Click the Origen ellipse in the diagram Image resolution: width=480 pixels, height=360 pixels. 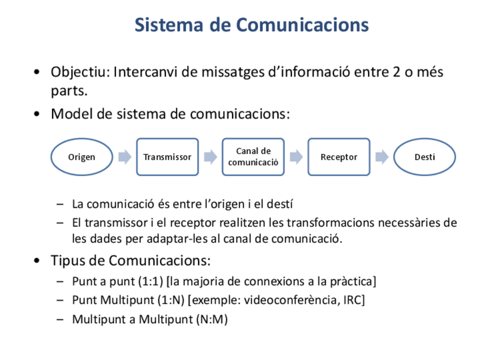tap(82, 157)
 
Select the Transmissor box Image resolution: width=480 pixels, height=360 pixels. tap(167, 157)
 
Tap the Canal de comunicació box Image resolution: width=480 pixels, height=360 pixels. tap(253, 157)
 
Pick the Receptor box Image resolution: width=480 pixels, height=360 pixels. tap(338, 157)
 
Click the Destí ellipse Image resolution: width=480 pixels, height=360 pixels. tap(425, 157)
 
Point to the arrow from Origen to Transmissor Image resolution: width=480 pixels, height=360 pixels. tap(125, 157)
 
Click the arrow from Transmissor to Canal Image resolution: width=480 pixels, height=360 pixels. tap(211, 157)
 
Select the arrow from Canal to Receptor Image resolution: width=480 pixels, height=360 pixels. tap(296, 157)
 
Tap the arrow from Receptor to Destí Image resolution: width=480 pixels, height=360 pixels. tap(382, 157)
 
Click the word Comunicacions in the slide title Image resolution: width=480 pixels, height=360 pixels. tap(302, 25)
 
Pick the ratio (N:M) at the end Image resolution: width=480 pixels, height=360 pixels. tap(212, 319)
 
